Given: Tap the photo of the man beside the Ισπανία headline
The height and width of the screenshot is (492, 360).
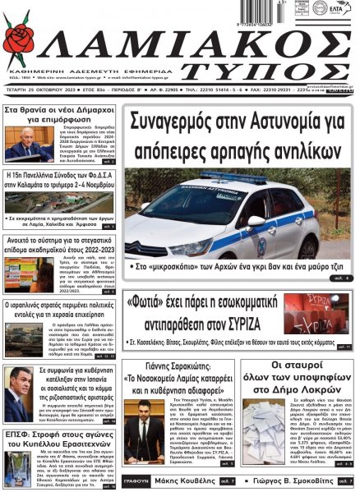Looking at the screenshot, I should click(x=20, y=391).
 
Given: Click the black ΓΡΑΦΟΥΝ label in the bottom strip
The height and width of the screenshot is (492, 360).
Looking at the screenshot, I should click(x=136, y=480).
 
